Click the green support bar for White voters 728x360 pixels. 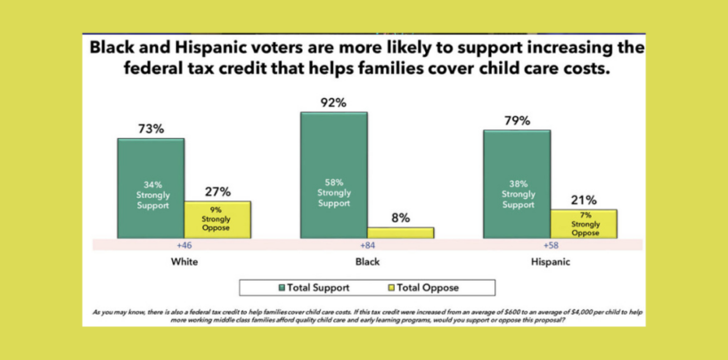[x=151, y=188]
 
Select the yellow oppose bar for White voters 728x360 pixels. [x=217, y=220]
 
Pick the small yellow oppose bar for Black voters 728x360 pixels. [x=400, y=233]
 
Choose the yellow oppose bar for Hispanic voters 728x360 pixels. [x=584, y=224]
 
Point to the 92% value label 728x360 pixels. [x=334, y=102]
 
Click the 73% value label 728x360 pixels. [x=151, y=128]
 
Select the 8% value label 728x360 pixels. [x=401, y=217]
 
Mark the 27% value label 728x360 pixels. [x=217, y=191]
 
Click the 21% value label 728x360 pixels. [x=585, y=200]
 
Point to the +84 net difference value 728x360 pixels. [x=366, y=244]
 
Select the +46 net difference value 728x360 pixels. [x=184, y=244]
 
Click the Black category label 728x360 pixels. [x=366, y=263]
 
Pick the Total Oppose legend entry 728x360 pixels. [x=429, y=288]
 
